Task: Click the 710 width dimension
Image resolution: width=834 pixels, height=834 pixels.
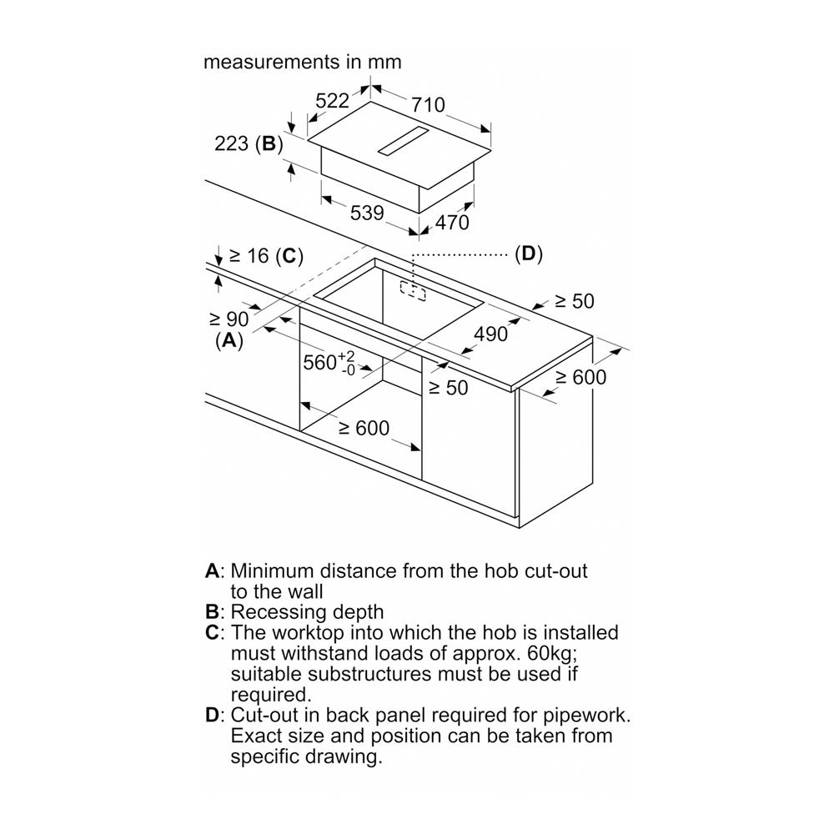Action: click(x=428, y=106)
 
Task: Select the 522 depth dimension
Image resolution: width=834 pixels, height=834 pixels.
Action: click(x=332, y=101)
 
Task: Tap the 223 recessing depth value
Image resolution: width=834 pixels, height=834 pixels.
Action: click(x=231, y=143)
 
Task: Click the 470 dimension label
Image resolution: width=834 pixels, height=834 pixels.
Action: click(x=452, y=223)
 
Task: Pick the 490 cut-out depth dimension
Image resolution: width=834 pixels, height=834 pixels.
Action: click(x=490, y=334)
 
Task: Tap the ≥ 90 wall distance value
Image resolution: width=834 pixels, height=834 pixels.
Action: click(x=229, y=319)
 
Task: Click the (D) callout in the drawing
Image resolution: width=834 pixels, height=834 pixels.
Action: click(x=528, y=254)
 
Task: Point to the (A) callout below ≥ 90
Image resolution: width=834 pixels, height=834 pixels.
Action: click(x=229, y=340)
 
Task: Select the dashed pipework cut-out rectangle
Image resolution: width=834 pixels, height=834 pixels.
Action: click(x=412, y=290)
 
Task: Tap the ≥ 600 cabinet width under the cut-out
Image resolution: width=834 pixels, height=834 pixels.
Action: click(x=364, y=428)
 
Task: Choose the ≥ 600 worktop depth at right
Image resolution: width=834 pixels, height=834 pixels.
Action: click(x=581, y=377)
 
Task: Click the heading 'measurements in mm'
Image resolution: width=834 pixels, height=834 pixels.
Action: click(x=303, y=62)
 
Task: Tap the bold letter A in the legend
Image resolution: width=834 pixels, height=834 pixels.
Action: click(x=213, y=571)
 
